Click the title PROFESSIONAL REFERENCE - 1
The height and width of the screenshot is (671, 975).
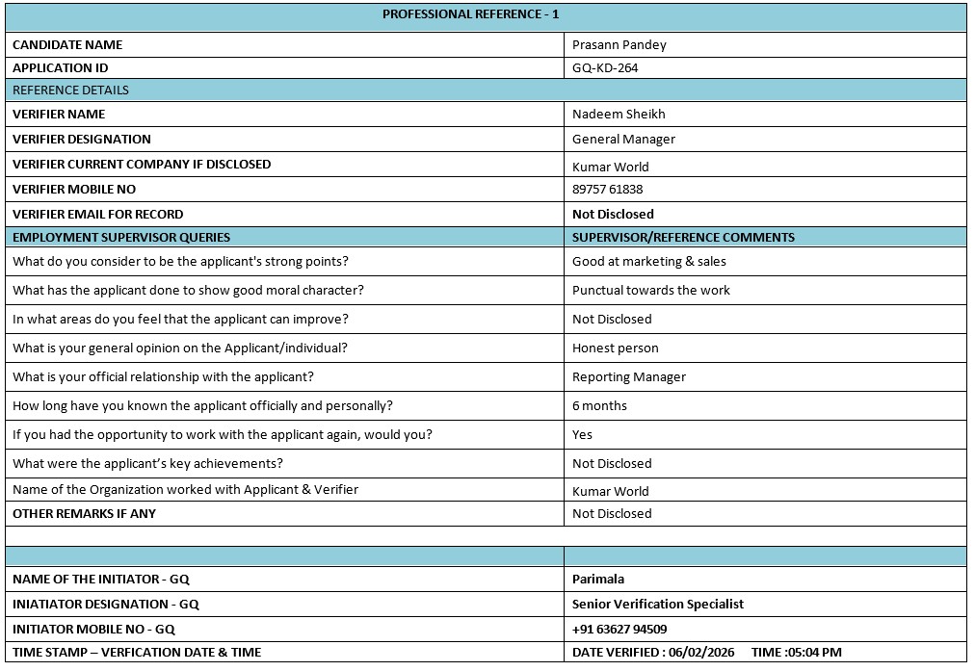click(470, 14)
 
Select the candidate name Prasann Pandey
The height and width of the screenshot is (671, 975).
click(619, 44)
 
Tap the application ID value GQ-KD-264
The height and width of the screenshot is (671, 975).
click(605, 68)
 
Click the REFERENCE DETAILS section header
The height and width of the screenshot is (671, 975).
click(70, 90)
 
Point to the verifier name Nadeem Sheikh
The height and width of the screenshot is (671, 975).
click(619, 115)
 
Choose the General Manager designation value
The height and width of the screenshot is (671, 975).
click(623, 140)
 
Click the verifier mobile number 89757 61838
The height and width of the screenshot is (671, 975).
click(607, 190)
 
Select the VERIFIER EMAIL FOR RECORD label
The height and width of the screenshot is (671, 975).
click(97, 215)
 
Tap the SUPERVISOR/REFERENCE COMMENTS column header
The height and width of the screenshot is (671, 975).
click(683, 238)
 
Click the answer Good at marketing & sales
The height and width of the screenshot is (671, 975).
click(649, 262)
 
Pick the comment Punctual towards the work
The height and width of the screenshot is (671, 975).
click(651, 291)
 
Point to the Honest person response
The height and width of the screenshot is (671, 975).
click(615, 348)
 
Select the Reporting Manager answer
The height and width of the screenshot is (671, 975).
click(629, 377)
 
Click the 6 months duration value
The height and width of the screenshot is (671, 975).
click(599, 406)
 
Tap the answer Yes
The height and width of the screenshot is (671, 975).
click(582, 435)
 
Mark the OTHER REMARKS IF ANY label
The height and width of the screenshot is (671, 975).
click(84, 514)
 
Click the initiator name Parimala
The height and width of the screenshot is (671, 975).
click(598, 580)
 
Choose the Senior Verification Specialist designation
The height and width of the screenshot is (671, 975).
click(658, 605)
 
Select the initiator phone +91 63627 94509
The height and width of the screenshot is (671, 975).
click(619, 630)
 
